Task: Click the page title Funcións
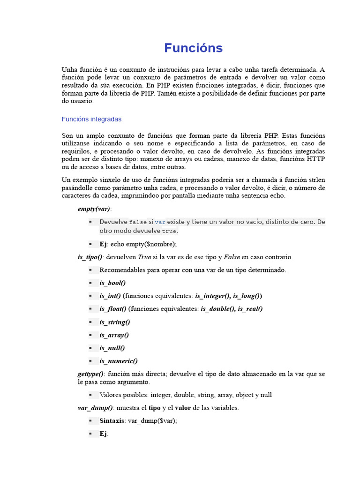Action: coord(193,48)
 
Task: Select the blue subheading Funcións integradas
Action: coord(91,119)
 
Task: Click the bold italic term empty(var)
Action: coord(94,209)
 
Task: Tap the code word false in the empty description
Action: coord(138,222)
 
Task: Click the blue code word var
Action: coord(160,222)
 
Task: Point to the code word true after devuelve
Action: coord(169,231)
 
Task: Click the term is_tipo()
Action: coord(90,257)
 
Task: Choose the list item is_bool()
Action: coord(112,283)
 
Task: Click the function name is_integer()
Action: coord(213,296)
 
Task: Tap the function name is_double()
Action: coord(218,308)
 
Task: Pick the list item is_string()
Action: coord(115,322)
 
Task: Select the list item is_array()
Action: coord(114,335)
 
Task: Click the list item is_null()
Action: coord(112,348)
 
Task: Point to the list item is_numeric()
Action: coord(119,361)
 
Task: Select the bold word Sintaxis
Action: coord(112,420)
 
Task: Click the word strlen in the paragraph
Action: coord(316,180)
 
